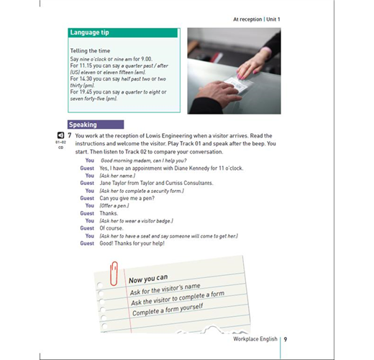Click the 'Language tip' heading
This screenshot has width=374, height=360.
click(x=89, y=32)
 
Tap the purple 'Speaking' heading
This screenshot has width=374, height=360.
click(x=83, y=125)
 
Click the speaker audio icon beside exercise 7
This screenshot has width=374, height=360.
click(x=60, y=135)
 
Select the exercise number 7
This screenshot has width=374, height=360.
click(x=70, y=135)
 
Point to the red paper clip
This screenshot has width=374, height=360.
click(x=114, y=274)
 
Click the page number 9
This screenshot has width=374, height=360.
click(x=286, y=339)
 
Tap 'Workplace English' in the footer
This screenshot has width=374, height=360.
click(x=255, y=339)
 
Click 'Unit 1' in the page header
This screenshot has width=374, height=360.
click(x=273, y=19)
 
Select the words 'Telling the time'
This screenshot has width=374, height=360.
click(x=90, y=50)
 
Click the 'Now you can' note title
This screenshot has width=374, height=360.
click(x=148, y=279)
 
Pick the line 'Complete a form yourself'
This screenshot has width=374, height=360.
click(x=168, y=310)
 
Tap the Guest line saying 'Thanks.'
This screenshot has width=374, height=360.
click(x=109, y=213)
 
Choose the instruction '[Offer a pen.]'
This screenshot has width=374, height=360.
click(x=114, y=206)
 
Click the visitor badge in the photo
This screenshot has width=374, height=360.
click(x=237, y=86)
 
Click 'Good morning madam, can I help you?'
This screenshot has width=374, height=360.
click(x=143, y=161)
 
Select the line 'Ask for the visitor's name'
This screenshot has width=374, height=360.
click(x=165, y=289)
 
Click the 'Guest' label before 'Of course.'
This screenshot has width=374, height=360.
click(x=87, y=228)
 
